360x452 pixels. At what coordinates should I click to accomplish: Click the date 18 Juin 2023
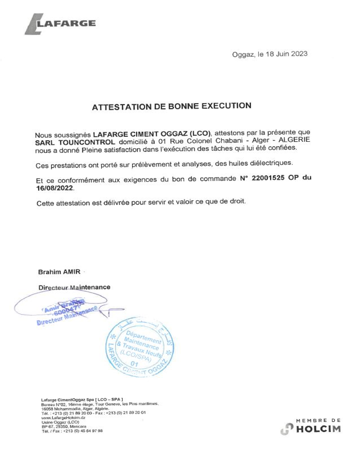pyautogui.click(x=286, y=54)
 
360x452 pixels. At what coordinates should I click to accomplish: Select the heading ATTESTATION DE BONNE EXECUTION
pyautogui.click(x=171, y=107)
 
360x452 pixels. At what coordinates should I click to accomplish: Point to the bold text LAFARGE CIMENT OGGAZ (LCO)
pyautogui.click(x=152, y=133)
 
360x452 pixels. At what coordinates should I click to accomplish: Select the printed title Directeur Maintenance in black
pyautogui.click(x=74, y=287)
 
